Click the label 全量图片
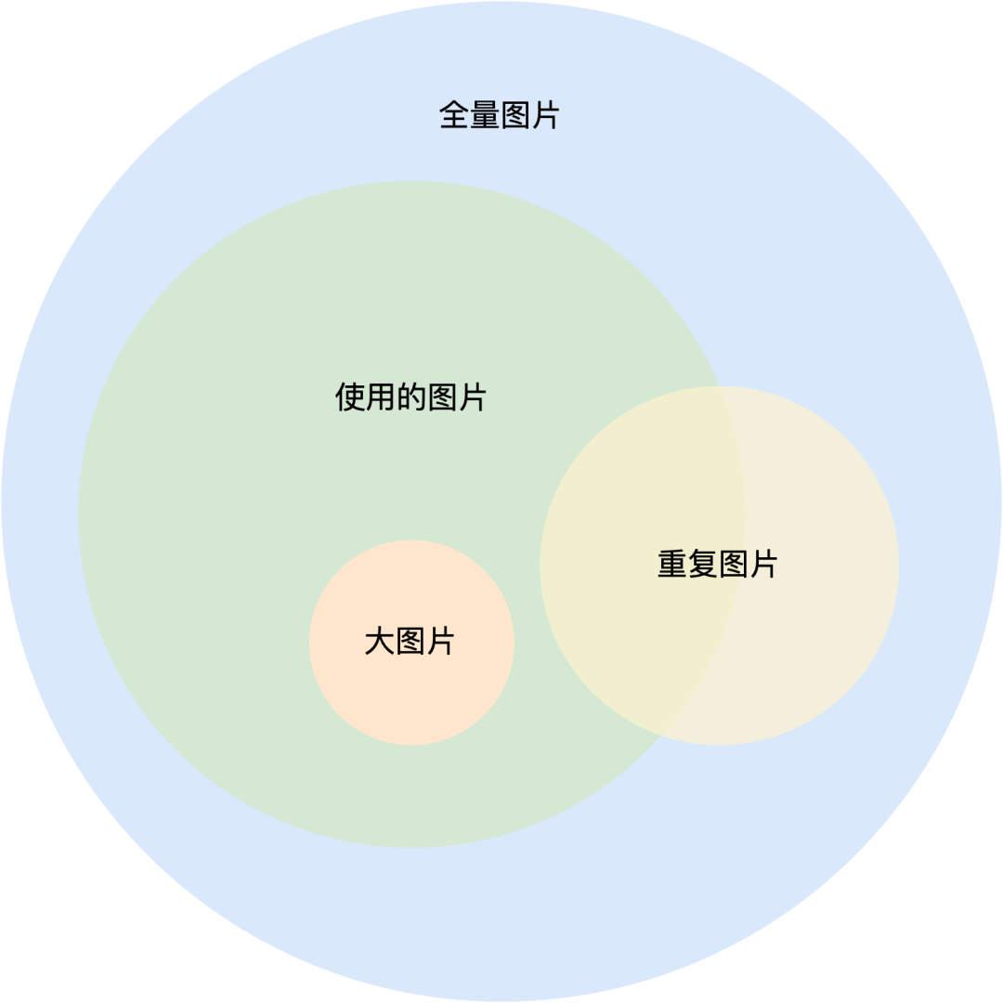[499, 116]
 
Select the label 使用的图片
[410, 397]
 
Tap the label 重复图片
[717, 564]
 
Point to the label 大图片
[410, 641]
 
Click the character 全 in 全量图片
[454, 116]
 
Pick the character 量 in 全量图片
[484, 116]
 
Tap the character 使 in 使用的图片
[350, 397]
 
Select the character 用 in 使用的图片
[381, 397]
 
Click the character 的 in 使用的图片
[410, 397]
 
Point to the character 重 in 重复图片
[672, 564]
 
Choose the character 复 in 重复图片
[702, 564]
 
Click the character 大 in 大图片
[380, 641]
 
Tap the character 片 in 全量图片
[544, 116]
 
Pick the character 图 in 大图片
[410, 641]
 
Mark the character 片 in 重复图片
[762, 564]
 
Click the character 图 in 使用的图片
[441, 397]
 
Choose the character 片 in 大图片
[440, 641]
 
